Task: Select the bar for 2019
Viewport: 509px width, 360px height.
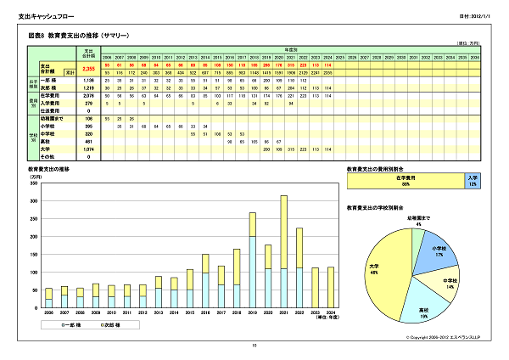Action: coord(252,263)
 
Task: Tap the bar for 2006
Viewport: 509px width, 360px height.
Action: coord(48,297)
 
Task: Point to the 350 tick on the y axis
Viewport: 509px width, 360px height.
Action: coord(34,179)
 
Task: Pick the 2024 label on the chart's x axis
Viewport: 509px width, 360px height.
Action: coord(330,312)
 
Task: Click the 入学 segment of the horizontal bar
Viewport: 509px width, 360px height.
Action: coord(472,180)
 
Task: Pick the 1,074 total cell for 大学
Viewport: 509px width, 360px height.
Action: coord(88,149)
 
